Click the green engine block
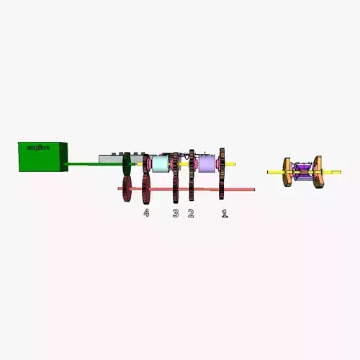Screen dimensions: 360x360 (42, 157)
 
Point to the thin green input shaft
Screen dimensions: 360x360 (86, 164)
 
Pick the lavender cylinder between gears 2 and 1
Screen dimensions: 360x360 (207, 165)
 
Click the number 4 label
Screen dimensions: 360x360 (146, 213)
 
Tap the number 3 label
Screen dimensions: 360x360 (175, 213)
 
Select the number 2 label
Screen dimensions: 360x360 (191, 213)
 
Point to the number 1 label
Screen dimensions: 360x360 (224, 213)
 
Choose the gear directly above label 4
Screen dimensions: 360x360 (146, 179)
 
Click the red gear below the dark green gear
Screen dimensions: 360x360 (127, 189)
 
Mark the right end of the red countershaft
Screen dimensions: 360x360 (252, 189)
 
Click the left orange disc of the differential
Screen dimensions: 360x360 (288, 172)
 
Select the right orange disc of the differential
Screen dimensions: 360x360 (318, 172)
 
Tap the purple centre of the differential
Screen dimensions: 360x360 (303, 172)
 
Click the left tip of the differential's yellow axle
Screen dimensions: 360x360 (269, 172)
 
